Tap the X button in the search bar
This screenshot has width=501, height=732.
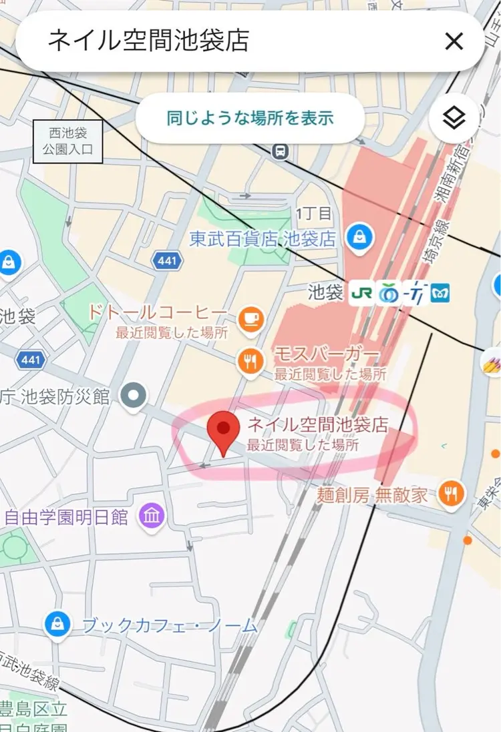454,41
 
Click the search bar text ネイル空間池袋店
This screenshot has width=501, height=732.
148,41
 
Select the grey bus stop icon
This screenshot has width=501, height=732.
281,151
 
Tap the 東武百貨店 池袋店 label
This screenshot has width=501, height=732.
263,239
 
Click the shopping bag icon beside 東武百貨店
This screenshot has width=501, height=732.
359,236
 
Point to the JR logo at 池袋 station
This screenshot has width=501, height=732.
361,292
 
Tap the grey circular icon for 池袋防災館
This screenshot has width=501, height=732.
134,396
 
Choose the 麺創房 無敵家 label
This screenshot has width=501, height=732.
373,494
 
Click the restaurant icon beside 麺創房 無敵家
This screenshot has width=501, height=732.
452,493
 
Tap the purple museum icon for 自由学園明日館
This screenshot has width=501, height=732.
152,515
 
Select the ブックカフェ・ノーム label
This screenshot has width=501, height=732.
169,625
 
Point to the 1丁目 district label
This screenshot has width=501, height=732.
313,214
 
